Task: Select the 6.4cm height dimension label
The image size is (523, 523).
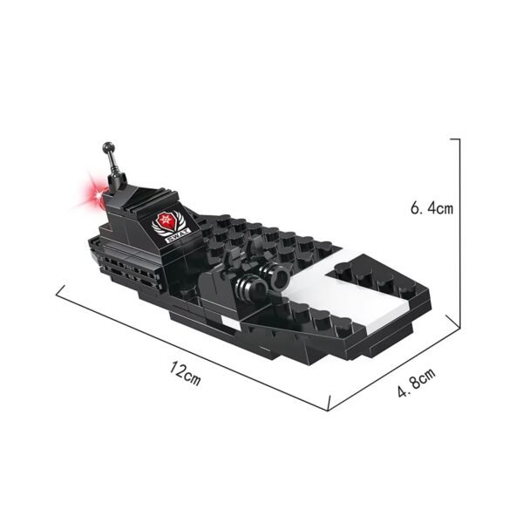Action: coord(432,209)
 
